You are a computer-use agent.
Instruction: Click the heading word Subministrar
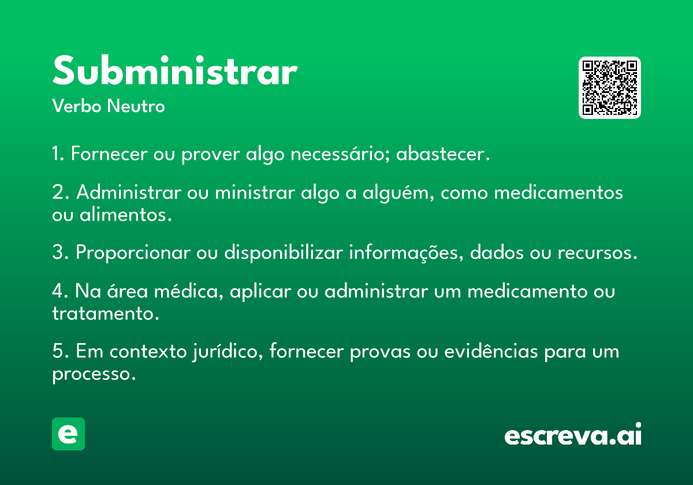[x=175, y=70]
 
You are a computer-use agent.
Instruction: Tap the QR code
[x=609, y=88]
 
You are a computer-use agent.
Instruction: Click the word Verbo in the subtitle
[x=77, y=106]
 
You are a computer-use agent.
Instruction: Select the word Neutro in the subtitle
[x=136, y=106]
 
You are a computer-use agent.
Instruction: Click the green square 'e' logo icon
[x=68, y=434]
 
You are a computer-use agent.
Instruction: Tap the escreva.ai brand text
[x=573, y=434]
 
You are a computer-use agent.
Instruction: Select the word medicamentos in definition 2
[x=558, y=192]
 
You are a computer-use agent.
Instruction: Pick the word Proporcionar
[x=133, y=252]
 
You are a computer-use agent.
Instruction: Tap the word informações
[x=406, y=252]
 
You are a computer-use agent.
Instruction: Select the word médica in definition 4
[x=189, y=291]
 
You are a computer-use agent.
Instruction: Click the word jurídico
[x=228, y=352]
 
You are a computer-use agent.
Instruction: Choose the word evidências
[x=491, y=352]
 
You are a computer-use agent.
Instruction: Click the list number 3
[x=60, y=252]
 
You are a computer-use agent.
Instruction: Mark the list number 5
[x=60, y=351]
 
